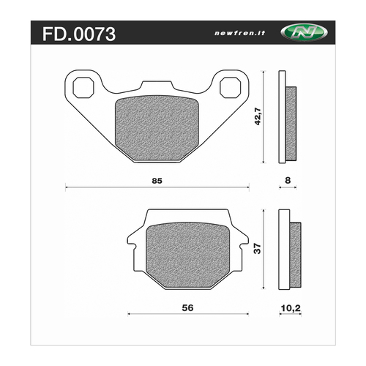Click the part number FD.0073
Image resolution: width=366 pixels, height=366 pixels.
pos(76,34)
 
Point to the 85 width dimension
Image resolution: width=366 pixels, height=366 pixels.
pos(156,180)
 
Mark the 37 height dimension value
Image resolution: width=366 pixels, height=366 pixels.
pos(256,249)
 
